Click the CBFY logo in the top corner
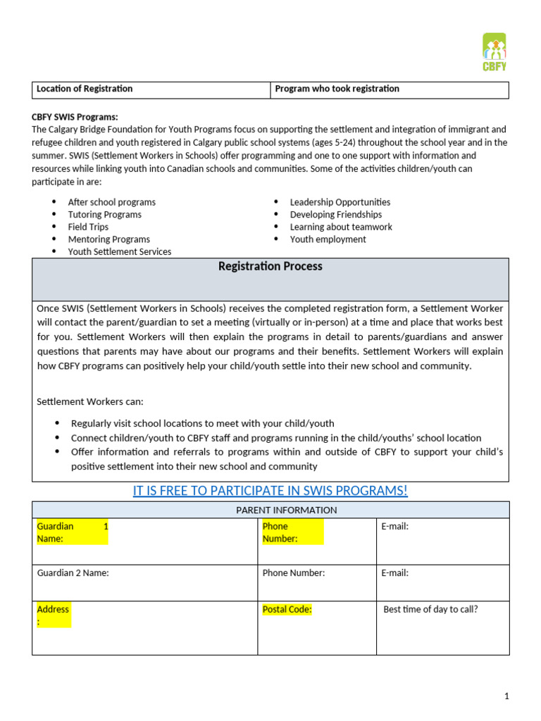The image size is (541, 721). pyautogui.click(x=495, y=53)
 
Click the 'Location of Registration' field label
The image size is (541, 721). pyautogui.click(x=85, y=89)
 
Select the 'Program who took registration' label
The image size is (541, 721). pyautogui.click(x=337, y=89)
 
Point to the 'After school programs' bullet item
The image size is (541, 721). pyautogui.click(x=111, y=202)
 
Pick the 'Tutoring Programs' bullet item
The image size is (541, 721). pyautogui.click(x=104, y=215)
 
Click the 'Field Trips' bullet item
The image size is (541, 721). pyautogui.click(x=88, y=227)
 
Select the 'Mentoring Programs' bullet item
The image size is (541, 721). pyautogui.click(x=108, y=239)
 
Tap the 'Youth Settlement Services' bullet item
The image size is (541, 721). pyautogui.click(x=119, y=251)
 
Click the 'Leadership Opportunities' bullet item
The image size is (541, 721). pyautogui.click(x=340, y=202)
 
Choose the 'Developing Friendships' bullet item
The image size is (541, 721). pyautogui.click(x=335, y=215)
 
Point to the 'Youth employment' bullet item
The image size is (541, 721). pyautogui.click(x=328, y=239)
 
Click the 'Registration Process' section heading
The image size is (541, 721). pyautogui.click(x=270, y=267)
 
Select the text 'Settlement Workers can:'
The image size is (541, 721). pyautogui.click(x=89, y=401)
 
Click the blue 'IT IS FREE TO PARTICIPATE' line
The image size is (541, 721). pyautogui.click(x=270, y=491)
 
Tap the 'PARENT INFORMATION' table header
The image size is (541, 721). pyautogui.click(x=286, y=510)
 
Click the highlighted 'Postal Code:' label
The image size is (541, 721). pyautogui.click(x=287, y=610)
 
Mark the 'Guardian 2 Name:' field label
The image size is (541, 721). pyautogui.click(x=73, y=573)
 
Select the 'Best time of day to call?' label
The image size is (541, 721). pyautogui.click(x=430, y=610)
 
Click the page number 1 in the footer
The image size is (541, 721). pyautogui.click(x=506, y=696)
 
